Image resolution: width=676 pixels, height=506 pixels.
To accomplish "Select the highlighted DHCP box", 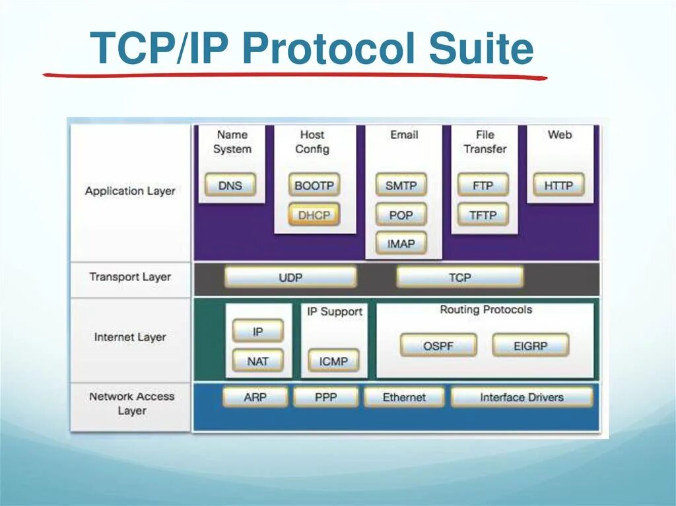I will click(314, 214).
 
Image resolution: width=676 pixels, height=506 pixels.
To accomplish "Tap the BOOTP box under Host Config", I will click(314, 185).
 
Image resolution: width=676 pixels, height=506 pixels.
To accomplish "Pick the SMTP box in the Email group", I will click(401, 185).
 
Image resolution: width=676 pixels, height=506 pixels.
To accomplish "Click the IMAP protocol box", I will click(401, 243).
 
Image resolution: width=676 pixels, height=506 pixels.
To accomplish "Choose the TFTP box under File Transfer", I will click(483, 214).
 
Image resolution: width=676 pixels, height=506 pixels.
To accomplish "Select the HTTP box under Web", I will click(558, 185).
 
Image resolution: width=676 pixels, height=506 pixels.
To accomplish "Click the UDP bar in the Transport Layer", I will click(290, 277).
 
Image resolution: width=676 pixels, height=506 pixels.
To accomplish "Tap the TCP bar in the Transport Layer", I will click(459, 277).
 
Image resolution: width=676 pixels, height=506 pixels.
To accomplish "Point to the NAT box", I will click(257, 361).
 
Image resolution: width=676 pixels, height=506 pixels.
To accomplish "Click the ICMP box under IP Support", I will click(333, 361).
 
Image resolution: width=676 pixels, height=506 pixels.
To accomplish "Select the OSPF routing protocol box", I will click(438, 345).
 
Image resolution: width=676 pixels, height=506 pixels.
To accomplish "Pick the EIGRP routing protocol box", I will click(530, 345).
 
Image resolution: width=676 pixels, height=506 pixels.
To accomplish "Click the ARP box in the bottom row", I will click(255, 397).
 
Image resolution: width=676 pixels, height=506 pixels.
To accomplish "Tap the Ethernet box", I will click(404, 397).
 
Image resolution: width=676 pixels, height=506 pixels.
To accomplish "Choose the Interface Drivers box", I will click(522, 397).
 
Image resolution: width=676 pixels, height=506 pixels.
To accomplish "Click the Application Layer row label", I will click(130, 191).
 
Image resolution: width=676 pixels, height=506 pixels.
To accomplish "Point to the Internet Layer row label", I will click(130, 337).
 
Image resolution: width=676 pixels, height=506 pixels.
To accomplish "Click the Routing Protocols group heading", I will click(486, 309).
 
